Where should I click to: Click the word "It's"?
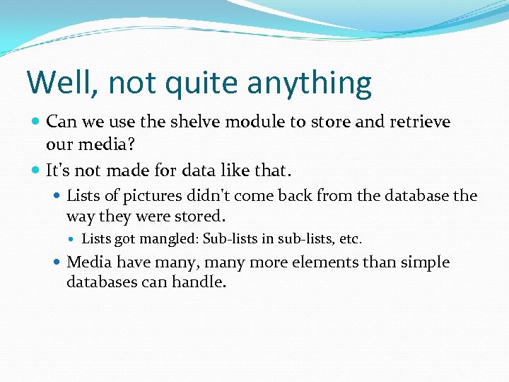point(60,170)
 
